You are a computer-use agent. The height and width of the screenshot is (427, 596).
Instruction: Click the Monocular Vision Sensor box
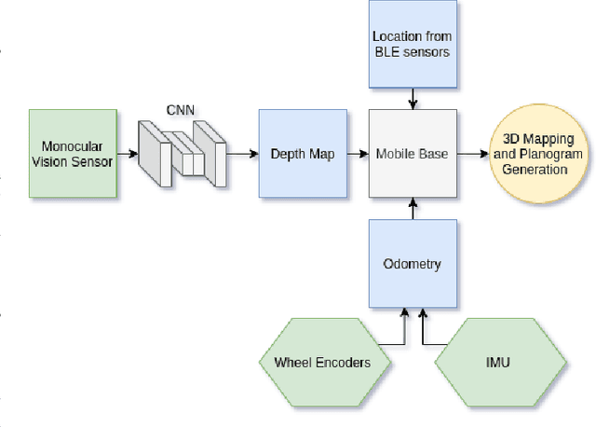(74, 153)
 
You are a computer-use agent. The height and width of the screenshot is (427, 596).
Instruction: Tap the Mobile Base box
(413, 153)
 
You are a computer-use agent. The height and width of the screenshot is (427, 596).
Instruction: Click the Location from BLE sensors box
(411, 44)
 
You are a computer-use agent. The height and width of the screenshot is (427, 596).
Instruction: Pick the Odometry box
(413, 264)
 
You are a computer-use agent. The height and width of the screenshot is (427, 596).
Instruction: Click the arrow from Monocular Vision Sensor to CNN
(129, 153)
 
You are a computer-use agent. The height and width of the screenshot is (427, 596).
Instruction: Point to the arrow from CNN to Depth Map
(241, 153)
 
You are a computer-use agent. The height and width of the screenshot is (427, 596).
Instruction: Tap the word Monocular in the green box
(73, 146)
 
